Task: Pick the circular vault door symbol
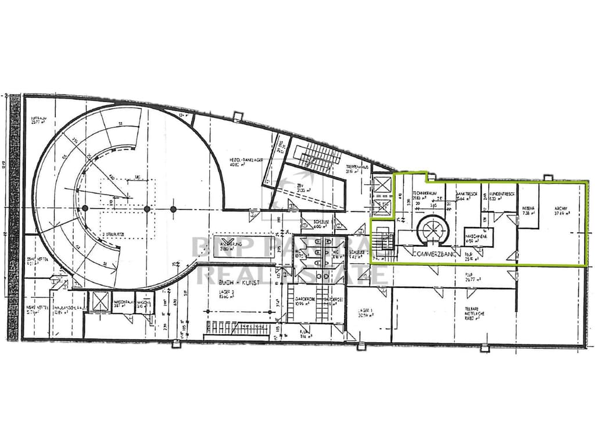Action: pos(432,229)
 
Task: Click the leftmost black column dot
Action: pos(85,208)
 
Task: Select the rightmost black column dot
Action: pos(173,208)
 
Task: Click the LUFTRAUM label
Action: pos(39,118)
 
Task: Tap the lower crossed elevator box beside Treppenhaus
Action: pos(382,207)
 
